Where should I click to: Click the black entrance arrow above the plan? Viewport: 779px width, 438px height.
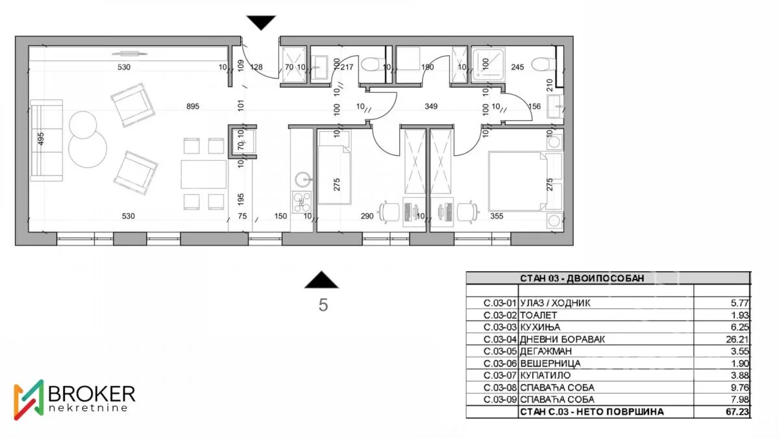tap(262, 23)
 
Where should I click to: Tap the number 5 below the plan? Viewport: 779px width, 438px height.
tap(323, 306)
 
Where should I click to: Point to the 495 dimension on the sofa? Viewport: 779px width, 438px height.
tap(41, 140)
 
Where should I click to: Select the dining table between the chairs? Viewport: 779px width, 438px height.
tap(203, 174)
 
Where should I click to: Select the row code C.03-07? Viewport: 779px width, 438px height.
tap(500, 375)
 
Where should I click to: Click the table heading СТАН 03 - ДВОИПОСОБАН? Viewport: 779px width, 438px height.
tap(582, 278)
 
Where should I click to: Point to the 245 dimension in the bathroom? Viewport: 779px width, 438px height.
tap(517, 66)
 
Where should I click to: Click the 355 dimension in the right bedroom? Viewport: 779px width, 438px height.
tap(497, 217)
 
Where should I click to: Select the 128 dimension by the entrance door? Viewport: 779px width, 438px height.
tap(257, 66)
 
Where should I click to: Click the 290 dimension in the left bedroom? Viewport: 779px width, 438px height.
tap(367, 217)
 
